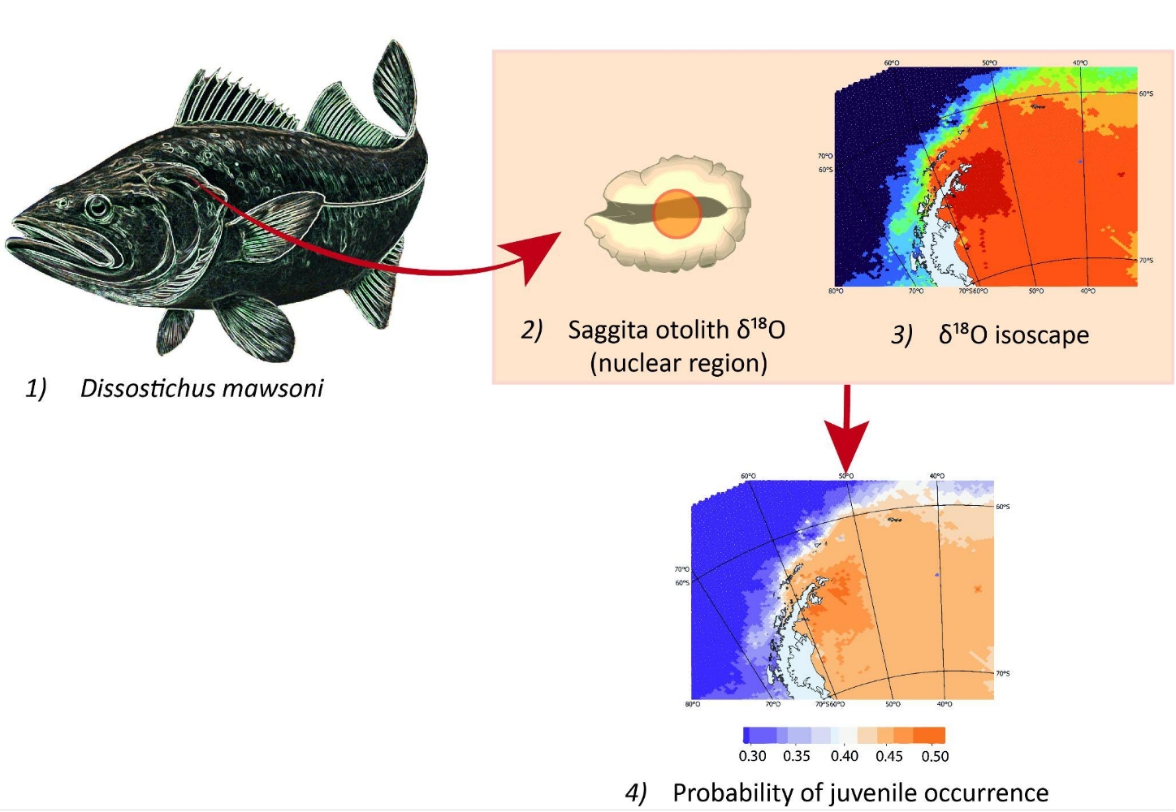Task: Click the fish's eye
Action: coord(99,208)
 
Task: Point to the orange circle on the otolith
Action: coord(677,214)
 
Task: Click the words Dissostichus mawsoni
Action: coord(201,388)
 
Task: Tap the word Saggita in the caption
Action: coord(607,330)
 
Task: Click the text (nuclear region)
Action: coord(678,363)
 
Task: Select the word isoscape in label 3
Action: coord(1042,335)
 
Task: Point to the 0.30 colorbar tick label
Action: coord(752,756)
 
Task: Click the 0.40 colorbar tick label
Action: coord(844,756)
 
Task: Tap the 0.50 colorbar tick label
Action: coord(935,756)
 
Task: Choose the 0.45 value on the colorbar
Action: coord(889,756)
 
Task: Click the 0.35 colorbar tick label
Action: coord(797,756)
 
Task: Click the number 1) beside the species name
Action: coord(36,388)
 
